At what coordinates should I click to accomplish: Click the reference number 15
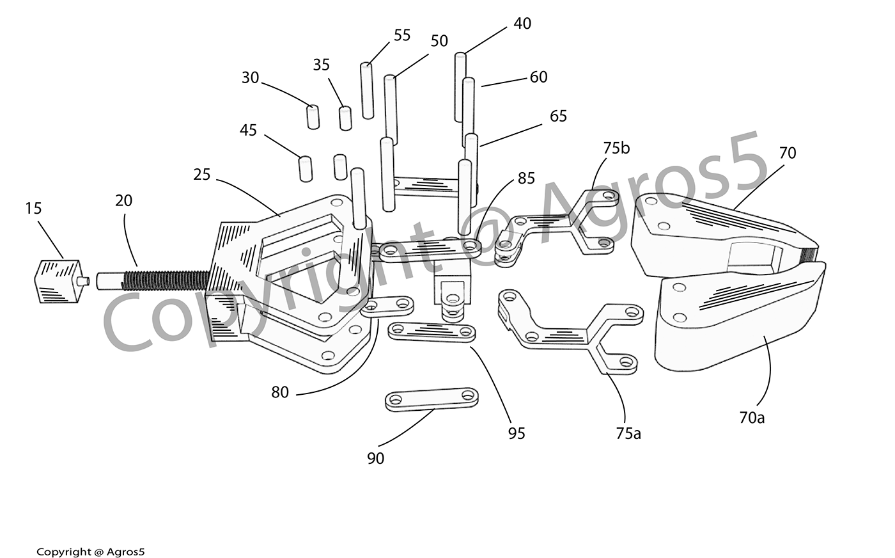pyautogui.click(x=33, y=208)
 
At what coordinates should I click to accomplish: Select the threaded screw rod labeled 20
pyautogui.click(x=160, y=280)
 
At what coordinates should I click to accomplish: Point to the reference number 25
pyautogui.click(x=202, y=174)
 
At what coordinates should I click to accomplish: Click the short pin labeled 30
pyautogui.click(x=313, y=117)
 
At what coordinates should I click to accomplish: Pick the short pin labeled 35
pyautogui.click(x=345, y=118)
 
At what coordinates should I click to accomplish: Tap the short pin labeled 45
pyautogui.click(x=305, y=168)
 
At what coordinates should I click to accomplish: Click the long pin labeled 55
pyautogui.click(x=367, y=90)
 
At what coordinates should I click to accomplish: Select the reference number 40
pyautogui.click(x=522, y=24)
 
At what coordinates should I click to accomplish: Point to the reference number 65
pyautogui.click(x=558, y=116)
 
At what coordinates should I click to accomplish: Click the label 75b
pyautogui.click(x=616, y=148)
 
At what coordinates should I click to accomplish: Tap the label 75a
pyautogui.click(x=628, y=433)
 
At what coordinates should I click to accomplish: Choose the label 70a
pyautogui.click(x=752, y=418)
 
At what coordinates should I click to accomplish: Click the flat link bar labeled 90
pyautogui.click(x=432, y=399)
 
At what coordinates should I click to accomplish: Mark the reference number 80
pyautogui.click(x=280, y=392)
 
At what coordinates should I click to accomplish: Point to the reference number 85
pyautogui.click(x=526, y=179)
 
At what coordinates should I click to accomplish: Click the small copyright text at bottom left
pyautogui.click(x=91, y=552)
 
